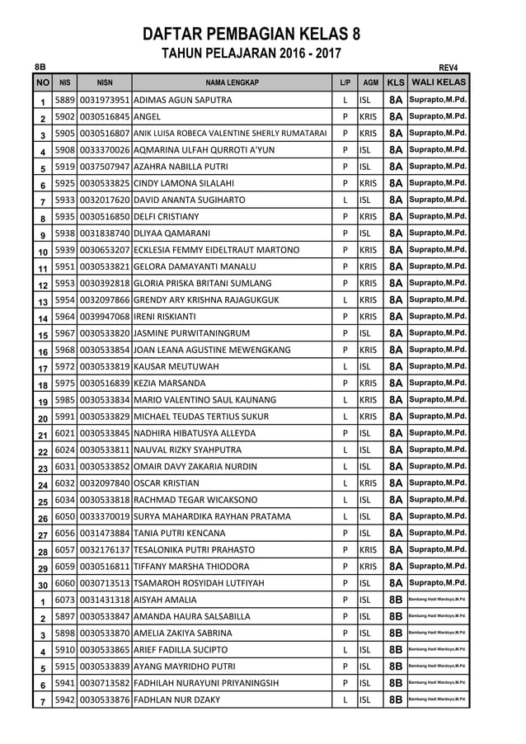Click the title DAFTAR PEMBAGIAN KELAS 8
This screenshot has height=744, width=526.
coord(251,34)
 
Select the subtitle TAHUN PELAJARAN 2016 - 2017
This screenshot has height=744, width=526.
coord(251,54)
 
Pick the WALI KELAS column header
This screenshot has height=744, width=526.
coord(439,82)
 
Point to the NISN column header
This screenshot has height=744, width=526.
coord(105,82)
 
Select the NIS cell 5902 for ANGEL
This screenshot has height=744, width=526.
coord(65,116)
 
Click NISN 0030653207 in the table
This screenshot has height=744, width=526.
coord(105,250)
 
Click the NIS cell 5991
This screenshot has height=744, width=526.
coord(65,417)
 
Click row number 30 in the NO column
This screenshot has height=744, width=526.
coord(42,584)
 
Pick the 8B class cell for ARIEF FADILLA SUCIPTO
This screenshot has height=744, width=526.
coord(396,650)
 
